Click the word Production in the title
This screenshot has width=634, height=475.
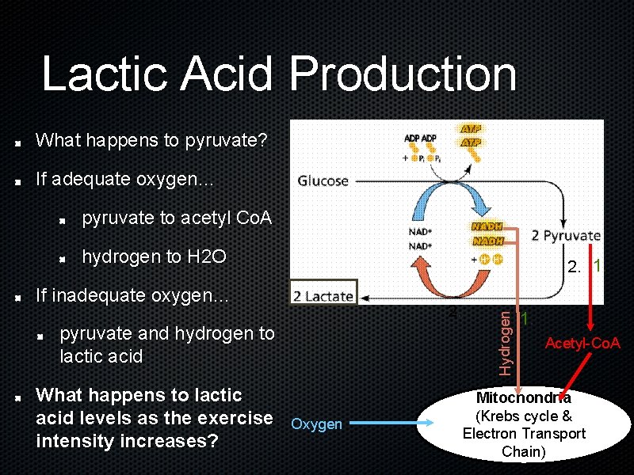403,74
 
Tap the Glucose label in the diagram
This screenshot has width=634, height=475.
323,181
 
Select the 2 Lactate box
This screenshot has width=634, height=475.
324,296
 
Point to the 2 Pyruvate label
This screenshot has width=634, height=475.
565,235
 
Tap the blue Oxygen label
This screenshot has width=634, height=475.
317,424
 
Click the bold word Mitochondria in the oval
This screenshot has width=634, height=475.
523,398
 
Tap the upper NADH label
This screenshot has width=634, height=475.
487,226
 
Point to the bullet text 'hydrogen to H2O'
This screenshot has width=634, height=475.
155,256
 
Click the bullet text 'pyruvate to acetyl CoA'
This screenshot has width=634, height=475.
177,218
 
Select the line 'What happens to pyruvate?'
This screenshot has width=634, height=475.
151,141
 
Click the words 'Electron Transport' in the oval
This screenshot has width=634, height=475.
524,434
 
